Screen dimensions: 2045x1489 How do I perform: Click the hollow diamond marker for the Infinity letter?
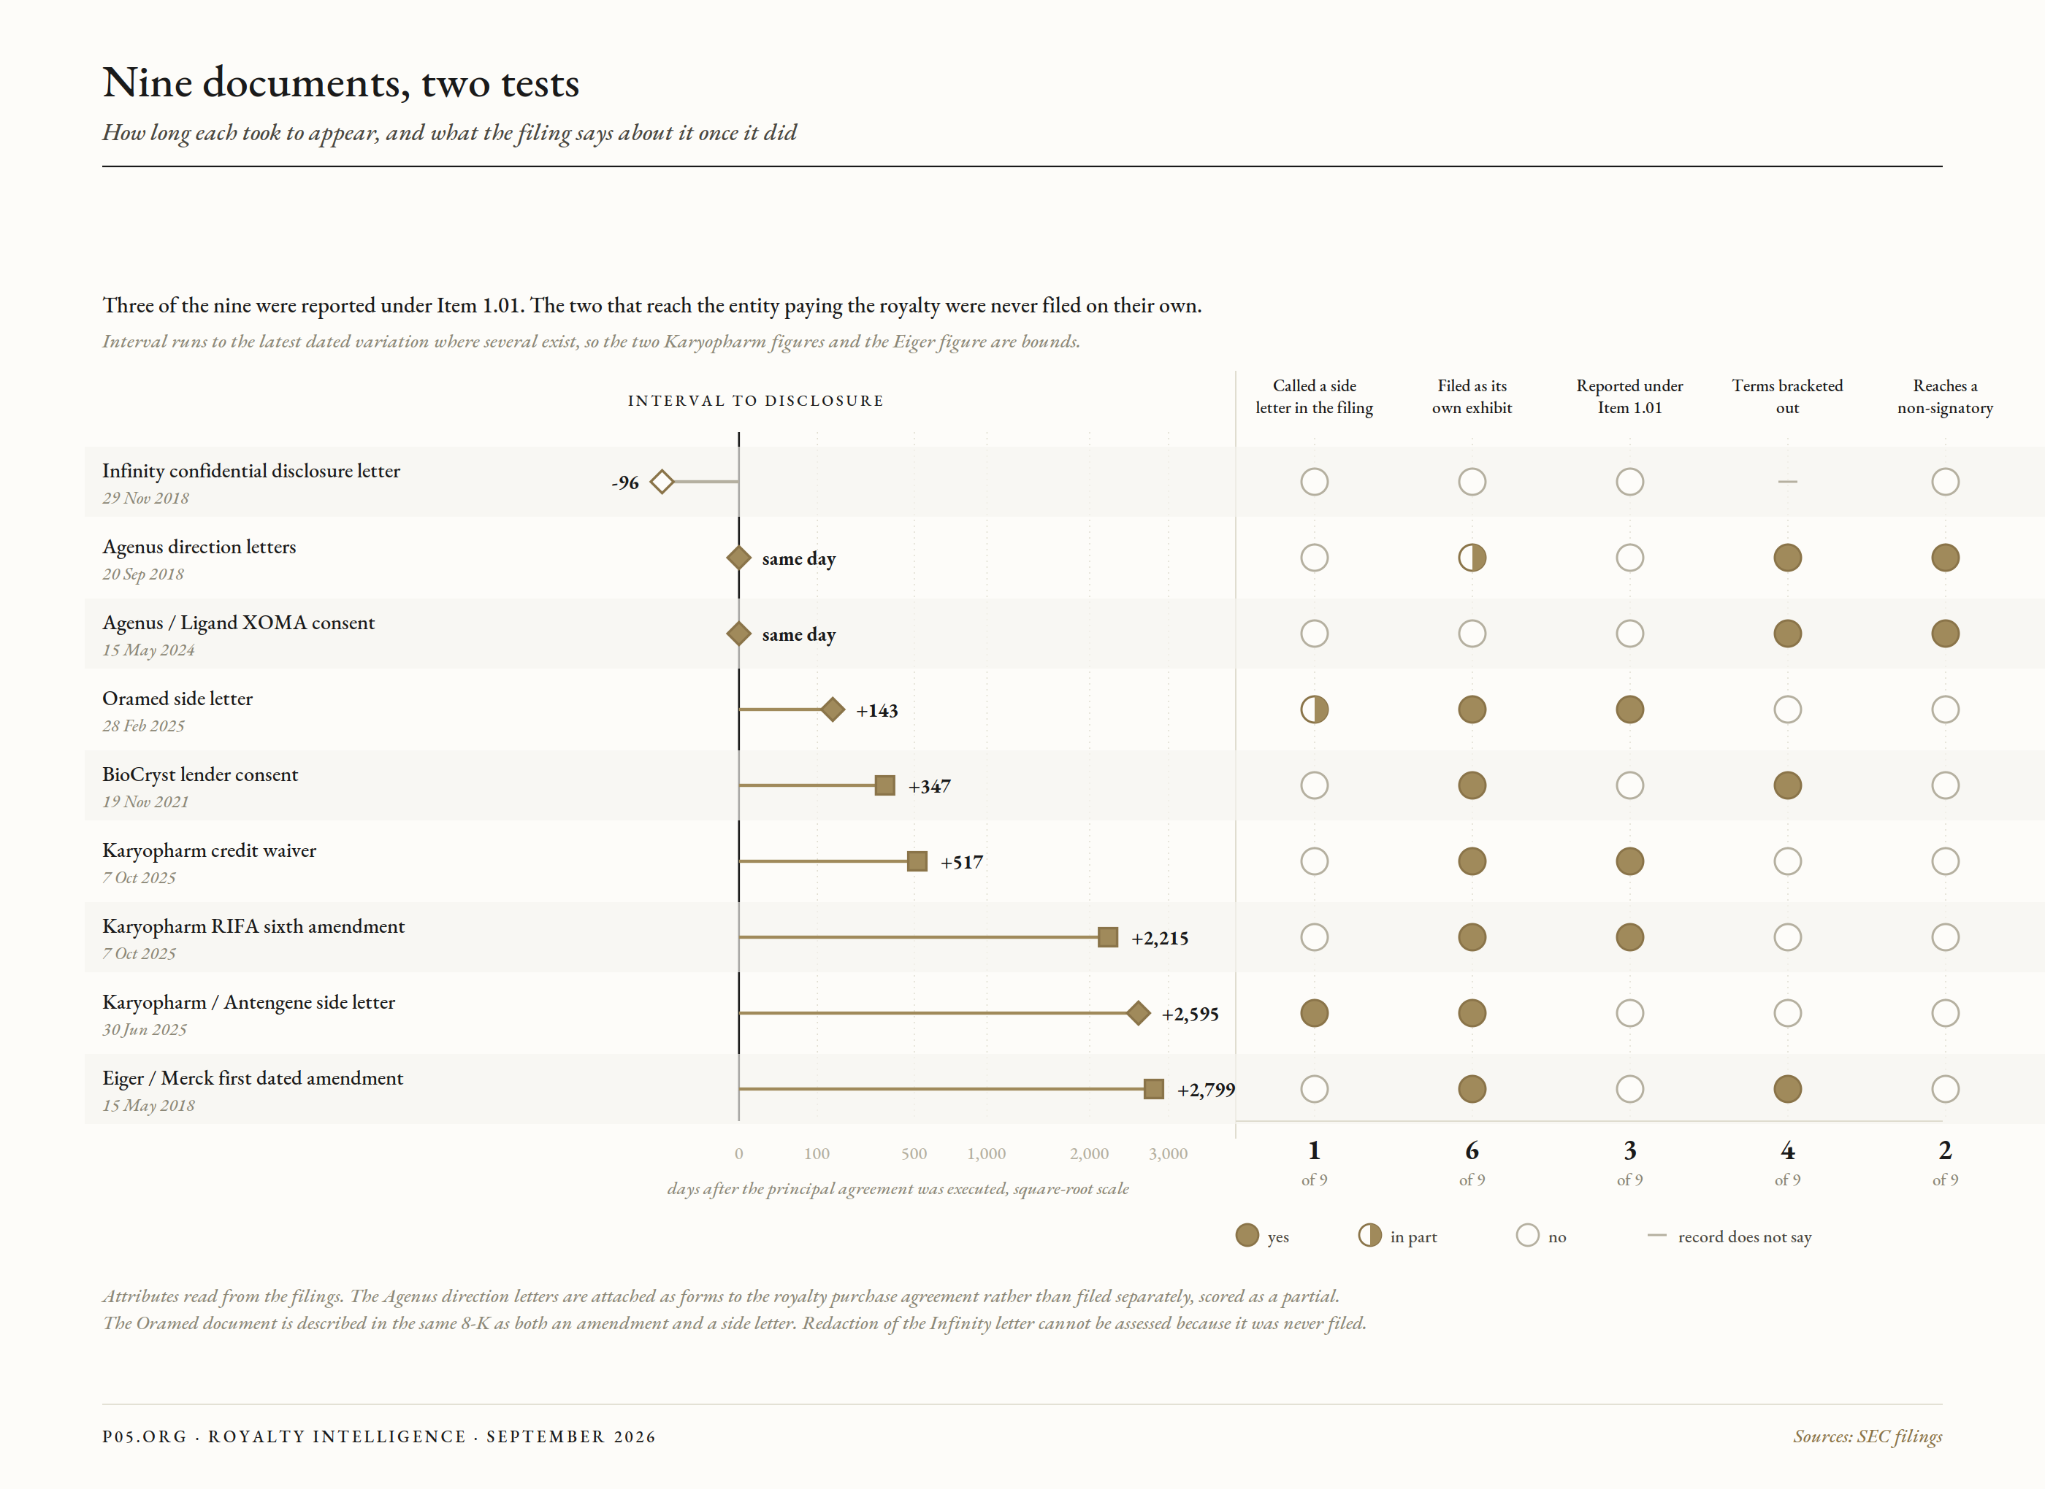coord(662,482)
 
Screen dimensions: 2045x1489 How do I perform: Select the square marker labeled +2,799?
coord(1153,1089)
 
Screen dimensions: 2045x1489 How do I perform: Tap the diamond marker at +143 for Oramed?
coord(833,709)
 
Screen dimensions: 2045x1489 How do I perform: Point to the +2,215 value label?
coord(1160,938)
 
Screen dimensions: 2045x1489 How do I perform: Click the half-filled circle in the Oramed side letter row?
coord(1314,709)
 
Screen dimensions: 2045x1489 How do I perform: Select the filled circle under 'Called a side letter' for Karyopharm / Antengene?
coord(1314,1013)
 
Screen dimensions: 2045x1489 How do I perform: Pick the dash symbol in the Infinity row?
coord(1787,482)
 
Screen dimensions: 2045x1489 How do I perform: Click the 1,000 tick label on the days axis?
coord(987,1154)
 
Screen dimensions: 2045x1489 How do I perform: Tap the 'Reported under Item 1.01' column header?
coord(1629,396)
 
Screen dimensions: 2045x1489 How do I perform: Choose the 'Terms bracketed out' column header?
coord(1787,396)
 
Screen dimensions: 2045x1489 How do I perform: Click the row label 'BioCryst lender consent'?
coord(200,774)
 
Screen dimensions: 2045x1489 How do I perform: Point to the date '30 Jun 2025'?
coord(145,1029)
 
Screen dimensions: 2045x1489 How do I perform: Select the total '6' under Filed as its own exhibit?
coord(1472,1150)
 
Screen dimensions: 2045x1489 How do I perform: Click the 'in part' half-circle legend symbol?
coord(1369,1235)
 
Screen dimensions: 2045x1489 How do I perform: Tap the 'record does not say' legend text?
coord(1744,1236)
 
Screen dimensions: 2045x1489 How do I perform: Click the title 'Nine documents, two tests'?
coord(341,83)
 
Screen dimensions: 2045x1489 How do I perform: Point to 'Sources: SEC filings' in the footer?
coord(1868,1436)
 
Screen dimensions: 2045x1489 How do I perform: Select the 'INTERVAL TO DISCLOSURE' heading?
coord(756,401)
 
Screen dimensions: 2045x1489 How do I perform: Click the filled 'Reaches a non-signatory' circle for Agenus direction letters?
coord(1945,558)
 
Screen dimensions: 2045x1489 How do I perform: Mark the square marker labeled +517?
coord(917,862)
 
